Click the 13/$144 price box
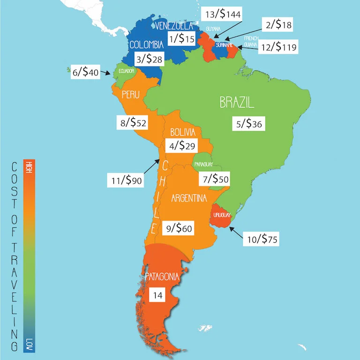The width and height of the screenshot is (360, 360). pos(223,15)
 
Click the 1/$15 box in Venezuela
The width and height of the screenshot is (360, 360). pos(181,39)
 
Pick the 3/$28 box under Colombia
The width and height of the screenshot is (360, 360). pos(149,60)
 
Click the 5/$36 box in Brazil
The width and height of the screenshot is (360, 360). pos(249,124)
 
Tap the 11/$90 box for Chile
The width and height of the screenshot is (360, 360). pos(125,180)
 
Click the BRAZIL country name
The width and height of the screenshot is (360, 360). pos(237,103)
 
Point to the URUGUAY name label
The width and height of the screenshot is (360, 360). pos(221,215)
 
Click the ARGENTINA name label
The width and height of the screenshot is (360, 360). pos(189,199)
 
